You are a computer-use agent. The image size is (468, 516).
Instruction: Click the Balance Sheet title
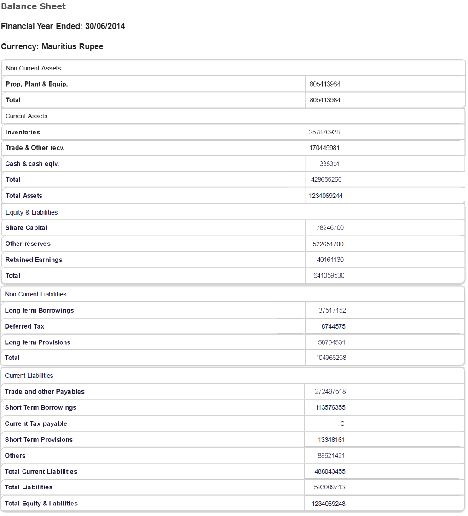click(x=33, y=6)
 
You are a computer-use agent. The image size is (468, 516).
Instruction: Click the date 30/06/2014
click(x=105, y=26)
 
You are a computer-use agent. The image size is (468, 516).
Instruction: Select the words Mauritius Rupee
click(x=72, y=46)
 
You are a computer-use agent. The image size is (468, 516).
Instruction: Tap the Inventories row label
click(x=23, y=132)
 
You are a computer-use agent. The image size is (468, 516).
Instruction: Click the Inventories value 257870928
click(x=324, y=132)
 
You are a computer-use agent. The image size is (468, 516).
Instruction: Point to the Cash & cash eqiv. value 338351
click(x=329, y=164)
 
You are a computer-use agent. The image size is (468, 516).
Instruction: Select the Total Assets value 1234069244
click(x=326, y=196)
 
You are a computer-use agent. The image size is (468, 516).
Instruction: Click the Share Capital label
click(x=26, y=228)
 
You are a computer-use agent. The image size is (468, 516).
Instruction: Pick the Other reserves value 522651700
click(x=326, y=244)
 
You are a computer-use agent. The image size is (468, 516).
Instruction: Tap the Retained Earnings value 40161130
click(x=330, y=260)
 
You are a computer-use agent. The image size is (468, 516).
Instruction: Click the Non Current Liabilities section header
click(x=35, y=294)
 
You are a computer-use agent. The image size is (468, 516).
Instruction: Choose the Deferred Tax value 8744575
click(x=333, y=326)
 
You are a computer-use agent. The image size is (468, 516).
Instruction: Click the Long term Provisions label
click(x=38, y=342)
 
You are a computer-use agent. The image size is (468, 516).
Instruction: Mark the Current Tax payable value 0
click(x=342, y=423)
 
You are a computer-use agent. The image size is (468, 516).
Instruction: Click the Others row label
click(x=15, y=456)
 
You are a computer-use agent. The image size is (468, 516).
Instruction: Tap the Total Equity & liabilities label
click(x=41, y=503)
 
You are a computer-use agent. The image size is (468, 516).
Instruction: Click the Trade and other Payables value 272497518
click(x=330, y=392)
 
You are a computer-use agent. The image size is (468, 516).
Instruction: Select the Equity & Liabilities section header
click(x=32, y=212)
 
